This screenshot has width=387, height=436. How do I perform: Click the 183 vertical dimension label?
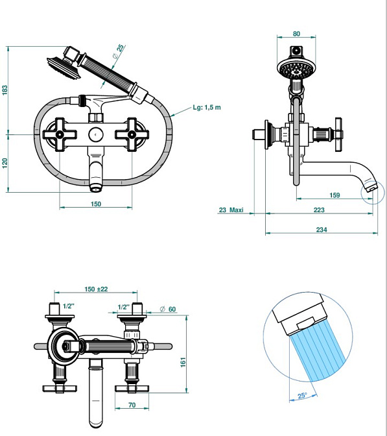tap(5, 90)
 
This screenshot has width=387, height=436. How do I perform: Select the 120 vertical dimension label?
tap(5, 163)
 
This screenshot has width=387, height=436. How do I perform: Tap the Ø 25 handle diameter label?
tap(119, 51)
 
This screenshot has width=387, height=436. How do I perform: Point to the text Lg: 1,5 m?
tap(207, 107)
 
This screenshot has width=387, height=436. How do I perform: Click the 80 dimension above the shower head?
tap(296, 34)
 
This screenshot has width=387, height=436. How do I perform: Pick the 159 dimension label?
tap(334, 195)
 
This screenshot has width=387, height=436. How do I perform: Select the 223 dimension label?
tap(319, 210)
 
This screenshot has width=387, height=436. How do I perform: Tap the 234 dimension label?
tap(322, 230)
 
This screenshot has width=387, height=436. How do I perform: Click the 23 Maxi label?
tap(231, 210)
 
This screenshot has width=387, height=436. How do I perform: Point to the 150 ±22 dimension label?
tap(96, 289)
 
